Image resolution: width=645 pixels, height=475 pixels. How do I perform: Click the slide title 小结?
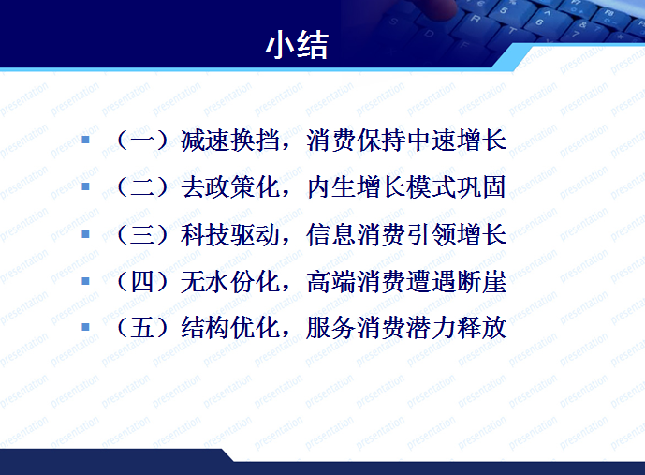297,44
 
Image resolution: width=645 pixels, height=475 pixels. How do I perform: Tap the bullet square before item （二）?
86,186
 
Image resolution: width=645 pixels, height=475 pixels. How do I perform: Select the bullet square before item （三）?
86,233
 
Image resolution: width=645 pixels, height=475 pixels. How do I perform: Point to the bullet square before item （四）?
86,280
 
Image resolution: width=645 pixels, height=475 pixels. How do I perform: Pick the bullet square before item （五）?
86,327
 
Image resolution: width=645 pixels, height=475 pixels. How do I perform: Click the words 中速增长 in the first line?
458,141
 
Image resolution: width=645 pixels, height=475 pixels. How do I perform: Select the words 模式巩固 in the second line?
458,187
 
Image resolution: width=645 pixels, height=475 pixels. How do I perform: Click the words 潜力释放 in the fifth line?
458,328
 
